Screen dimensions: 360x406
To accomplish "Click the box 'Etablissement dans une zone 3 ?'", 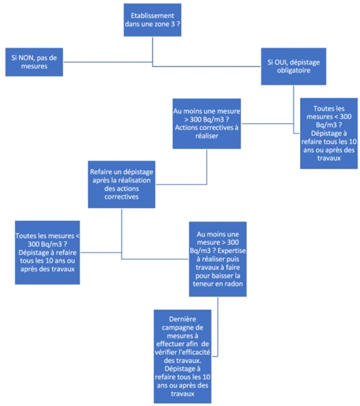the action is point(152,20).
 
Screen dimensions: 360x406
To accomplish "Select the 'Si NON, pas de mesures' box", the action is point(34,62).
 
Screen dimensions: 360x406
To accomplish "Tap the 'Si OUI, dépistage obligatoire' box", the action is point(294,66).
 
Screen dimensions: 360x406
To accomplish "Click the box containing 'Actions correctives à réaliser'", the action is point(207,124).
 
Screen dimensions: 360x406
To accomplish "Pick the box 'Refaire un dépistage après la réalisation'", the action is point(122,184).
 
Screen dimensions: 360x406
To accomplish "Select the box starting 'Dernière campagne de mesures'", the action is point(182,356).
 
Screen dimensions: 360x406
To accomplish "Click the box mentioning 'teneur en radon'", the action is point(218,259).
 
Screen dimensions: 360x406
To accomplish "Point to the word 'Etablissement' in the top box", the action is point(152,16).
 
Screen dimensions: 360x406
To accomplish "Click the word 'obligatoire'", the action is point(294,71).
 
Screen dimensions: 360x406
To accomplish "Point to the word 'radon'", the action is point(234,284).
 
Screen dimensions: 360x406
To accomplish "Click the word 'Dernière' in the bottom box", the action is point(182,319).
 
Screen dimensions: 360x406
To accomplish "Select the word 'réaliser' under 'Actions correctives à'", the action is point(207,136).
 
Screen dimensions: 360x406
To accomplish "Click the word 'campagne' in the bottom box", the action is point(182,328).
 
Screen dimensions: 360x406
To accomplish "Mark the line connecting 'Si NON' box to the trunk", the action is point(108,62).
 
